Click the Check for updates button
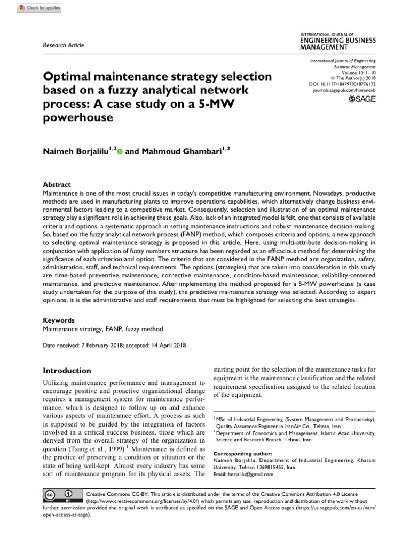[x=39, y=7]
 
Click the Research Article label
[x=62, y=45]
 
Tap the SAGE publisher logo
[x=362, y=99]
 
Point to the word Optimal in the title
[x=68, y=76]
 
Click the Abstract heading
[x=57, y=184]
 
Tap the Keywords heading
[x=59, y=320]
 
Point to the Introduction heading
[x=67, y=371]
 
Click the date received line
[x=114, y=346]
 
